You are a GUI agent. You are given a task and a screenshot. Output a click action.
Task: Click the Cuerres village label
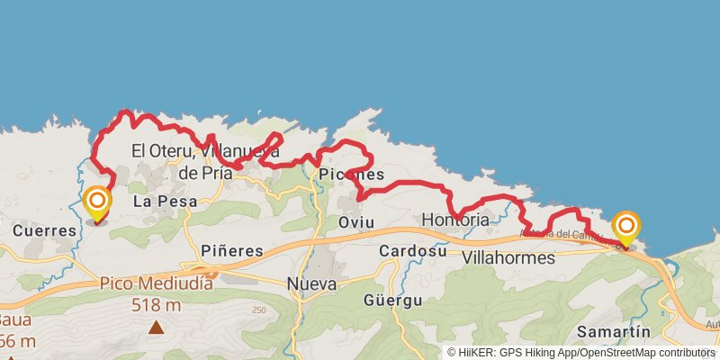(x=45, y=230)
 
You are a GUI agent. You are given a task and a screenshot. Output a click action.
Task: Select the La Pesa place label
(x=159, y=202)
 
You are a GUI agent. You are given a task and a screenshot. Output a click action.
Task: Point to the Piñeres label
(x=232, y=250)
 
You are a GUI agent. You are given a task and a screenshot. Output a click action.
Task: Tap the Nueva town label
(x=311, y=284)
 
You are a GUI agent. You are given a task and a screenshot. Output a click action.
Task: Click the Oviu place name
(x=355, y=221)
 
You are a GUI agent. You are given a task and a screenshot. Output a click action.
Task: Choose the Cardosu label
(x=413, y=250)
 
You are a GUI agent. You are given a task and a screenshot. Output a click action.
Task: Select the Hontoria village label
(x=455, y=220)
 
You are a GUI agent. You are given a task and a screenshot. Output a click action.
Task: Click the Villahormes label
(x=508, y=257)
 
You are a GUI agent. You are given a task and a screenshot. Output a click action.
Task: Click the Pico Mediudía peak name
(x=157, y=283)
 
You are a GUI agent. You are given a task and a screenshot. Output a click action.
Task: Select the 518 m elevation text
(x=157, y=305)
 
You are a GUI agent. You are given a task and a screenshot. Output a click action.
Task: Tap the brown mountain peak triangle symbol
(x=157, y=328)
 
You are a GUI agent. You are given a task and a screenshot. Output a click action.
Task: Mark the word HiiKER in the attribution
(x=478, y=353)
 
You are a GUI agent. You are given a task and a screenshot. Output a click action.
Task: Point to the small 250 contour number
(x=260, y=310)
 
